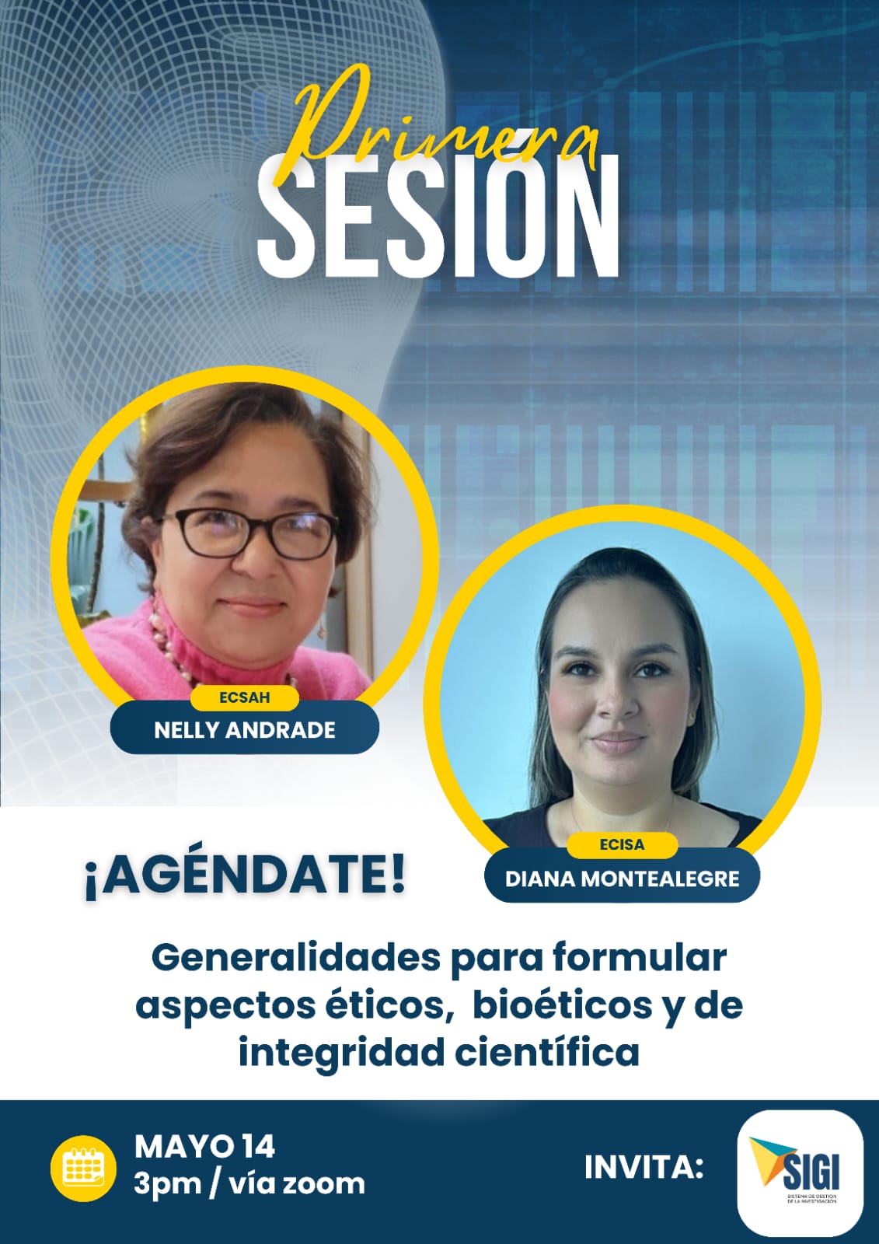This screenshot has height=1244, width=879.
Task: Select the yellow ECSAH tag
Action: (x=244, y=697)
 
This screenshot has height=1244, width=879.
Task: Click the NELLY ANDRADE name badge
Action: (x=244, y=730)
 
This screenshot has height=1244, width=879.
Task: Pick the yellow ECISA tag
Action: (x=622, y=844)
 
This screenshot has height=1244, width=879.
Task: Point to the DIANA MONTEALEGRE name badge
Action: (x=622, y=879)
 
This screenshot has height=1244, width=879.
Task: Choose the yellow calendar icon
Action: (x=83, y=1169)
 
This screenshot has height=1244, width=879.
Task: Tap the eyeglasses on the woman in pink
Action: (x=248, y=533)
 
